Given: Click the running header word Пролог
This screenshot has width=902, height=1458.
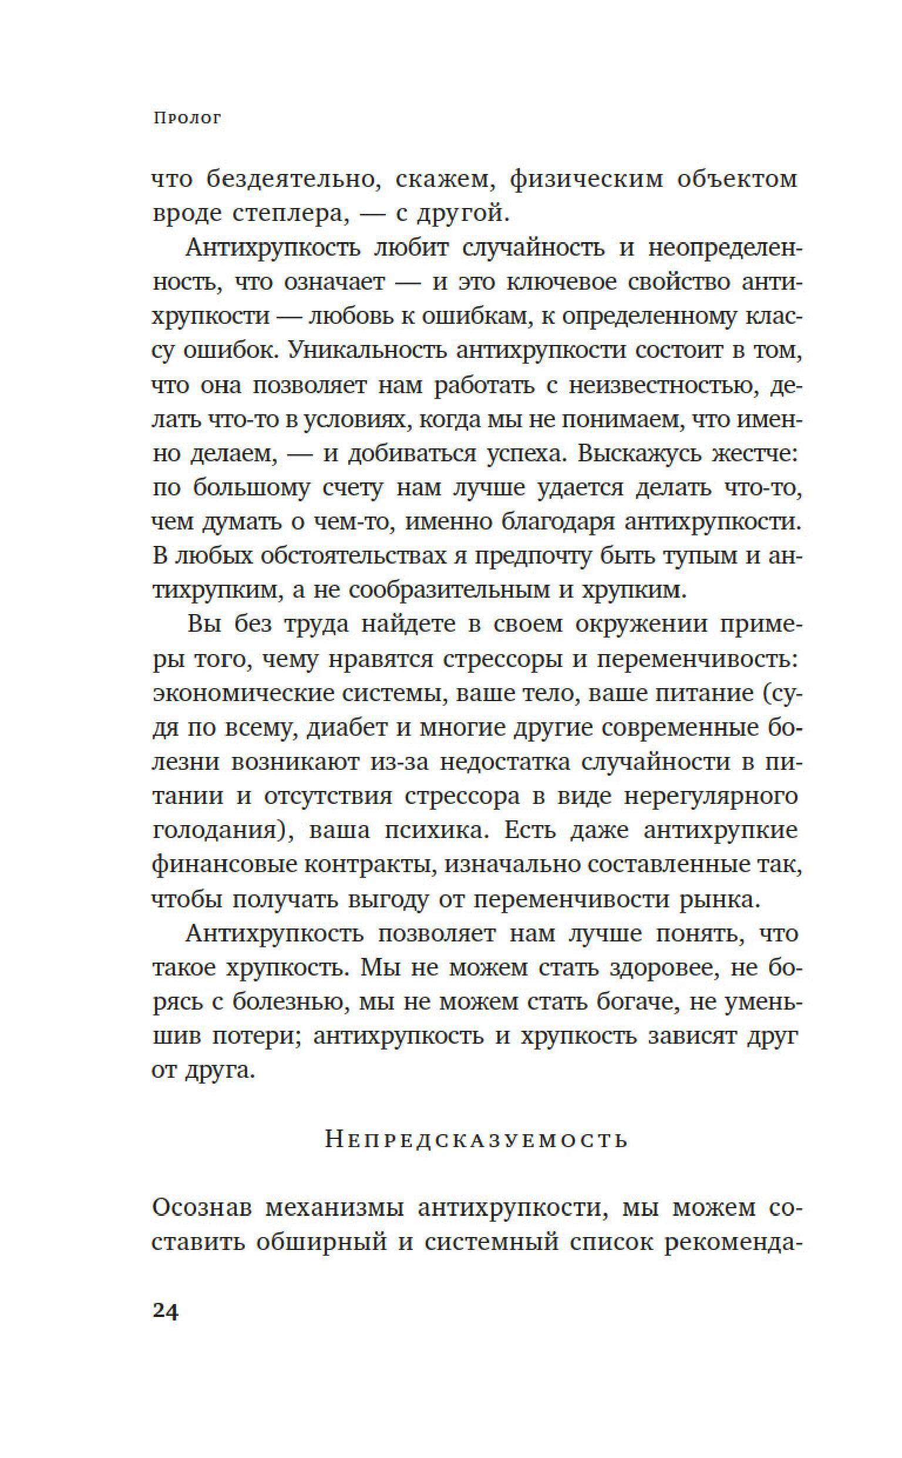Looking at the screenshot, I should (x=187, y=118).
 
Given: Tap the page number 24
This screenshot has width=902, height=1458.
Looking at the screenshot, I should (x=165, y=1311).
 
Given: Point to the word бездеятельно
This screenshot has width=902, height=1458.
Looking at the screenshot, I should (x=294, y=179).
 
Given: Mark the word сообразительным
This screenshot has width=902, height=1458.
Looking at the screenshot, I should (x=447, y=590).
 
